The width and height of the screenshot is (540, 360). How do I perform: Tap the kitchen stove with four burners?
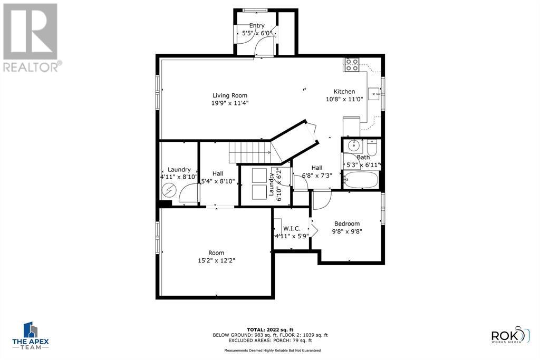(x=352, y=65)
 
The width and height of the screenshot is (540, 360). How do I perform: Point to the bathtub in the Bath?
(x=361, y=180)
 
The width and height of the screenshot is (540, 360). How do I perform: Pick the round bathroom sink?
(x=351, y=145)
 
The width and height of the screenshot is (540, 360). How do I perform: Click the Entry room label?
(x=257, y=26)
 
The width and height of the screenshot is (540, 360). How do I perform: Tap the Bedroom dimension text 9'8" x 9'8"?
(x=346, y=231)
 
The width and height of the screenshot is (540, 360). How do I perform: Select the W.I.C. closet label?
(x=292, y=228)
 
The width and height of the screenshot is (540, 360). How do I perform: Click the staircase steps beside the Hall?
(x=249, y=152)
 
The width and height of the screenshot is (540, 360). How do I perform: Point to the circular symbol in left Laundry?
(x=170, y=190)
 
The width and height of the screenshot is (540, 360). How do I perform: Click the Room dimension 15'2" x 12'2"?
(x=216, y=260)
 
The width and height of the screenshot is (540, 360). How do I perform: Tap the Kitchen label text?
(x=344, y=91)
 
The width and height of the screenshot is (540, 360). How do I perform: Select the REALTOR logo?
(x=31, y=37)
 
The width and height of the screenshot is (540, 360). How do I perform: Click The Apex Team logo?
(x=31, y=335)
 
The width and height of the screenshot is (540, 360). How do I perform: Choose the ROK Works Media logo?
(x=510, y=336)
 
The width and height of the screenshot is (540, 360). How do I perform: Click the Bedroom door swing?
(x=321, y=200)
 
